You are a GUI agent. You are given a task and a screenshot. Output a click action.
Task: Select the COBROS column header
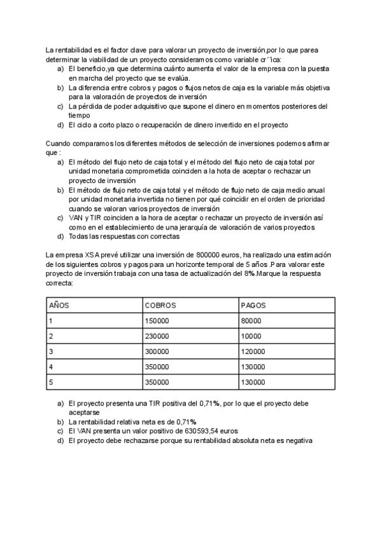pos(160,305)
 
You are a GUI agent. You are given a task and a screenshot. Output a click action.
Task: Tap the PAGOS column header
pos(253,305)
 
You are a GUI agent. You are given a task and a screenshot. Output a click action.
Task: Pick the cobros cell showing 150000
pos(157,321)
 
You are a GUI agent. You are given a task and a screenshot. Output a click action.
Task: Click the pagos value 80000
pos(251,321)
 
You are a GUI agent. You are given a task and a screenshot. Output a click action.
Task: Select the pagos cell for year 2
pos(251,336)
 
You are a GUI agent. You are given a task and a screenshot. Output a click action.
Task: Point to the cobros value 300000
pos(157,351)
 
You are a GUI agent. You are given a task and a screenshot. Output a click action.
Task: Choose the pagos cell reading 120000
pos(253,351)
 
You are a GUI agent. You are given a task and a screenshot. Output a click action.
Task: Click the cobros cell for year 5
pos(157,383)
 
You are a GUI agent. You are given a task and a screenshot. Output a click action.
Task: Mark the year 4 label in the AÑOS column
pos(51,367)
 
